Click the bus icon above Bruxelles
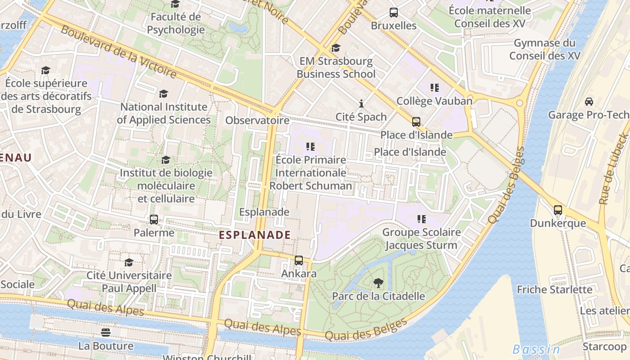tap(394, 13)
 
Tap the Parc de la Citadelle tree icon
tap(378, 283)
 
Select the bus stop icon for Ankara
tap(299, 260)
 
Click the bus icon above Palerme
tap(154, 220)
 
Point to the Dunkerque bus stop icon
tap(558, 210)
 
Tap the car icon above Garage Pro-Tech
tap(589, 102)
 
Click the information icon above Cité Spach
tap(361, 104)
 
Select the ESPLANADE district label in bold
tap(255, 234)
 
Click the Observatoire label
tap(257, 120)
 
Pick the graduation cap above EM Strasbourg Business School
tap(336, 48)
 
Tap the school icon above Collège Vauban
tap(434, 87)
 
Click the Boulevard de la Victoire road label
tap(118, 51)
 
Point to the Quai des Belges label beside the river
tap(507, 185)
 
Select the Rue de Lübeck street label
tap(614, 169)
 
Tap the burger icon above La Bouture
tap(106, 333)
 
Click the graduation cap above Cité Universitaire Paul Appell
tap(129, 262)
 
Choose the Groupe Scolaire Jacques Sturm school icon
tap(422, 219)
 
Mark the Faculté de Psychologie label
tap(176, 23)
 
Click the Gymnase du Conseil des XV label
tap(544, 49)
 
